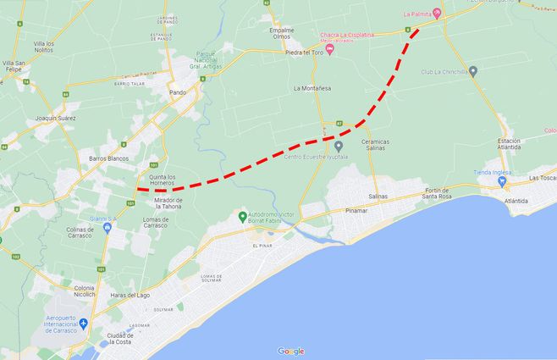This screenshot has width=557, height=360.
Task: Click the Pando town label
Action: pos(177,91)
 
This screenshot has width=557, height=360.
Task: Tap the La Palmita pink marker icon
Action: pos(437,13)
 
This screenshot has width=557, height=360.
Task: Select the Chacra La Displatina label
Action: pos(346,35)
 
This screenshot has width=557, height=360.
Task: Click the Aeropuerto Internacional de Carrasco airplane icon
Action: pos(84,324)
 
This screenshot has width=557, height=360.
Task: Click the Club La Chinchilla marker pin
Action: pos(473,71)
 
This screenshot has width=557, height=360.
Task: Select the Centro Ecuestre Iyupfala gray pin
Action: pos(339,146)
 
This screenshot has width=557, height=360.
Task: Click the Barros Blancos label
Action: pos(108,158)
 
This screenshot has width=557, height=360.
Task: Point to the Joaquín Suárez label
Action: pos(50,118)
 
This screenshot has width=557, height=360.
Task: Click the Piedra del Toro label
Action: pos(305,53)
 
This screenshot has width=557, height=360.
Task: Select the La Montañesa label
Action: pos(312,88)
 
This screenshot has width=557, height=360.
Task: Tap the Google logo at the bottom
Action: pos(290,351)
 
